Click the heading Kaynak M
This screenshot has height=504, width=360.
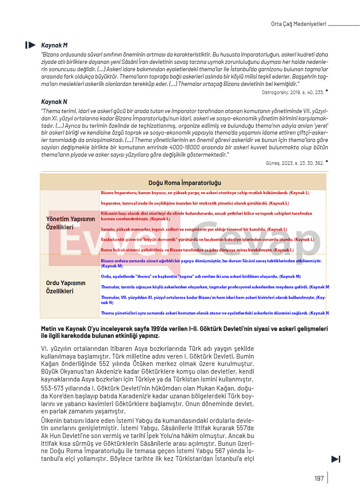54,45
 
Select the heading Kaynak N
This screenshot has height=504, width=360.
54,102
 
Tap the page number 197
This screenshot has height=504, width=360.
319,478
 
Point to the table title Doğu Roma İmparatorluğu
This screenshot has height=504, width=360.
185,183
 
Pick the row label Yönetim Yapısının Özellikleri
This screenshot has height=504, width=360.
71,223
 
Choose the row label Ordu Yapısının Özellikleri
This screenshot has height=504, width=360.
66,287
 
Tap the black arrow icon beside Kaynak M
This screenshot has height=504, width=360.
31,45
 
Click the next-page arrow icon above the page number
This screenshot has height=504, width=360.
336,459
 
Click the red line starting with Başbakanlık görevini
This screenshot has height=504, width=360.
207,239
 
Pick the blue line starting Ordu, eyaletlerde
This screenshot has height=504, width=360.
201,276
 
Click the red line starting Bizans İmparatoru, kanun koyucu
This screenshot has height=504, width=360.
205,192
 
